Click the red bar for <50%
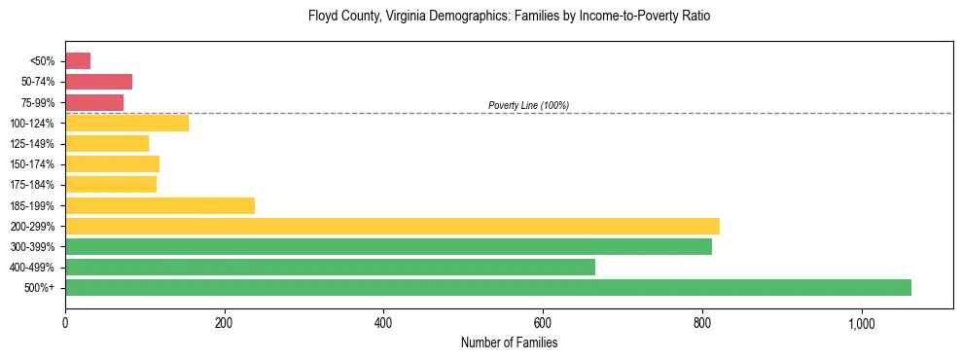point(78,61)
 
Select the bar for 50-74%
point(98,82)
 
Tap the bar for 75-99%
point(94,102)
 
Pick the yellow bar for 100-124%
point(126,123)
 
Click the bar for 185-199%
point(160,205)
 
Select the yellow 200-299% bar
point(392,226)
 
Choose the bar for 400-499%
point(330,267)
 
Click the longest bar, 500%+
point(488,287)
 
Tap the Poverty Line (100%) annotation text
point(528,105)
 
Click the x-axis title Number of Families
point(509,342)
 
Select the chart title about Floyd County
point(509,17)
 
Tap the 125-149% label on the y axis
point(32,144)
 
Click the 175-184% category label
point(32,185)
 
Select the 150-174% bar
point(112,163)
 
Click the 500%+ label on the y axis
point(40,288)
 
